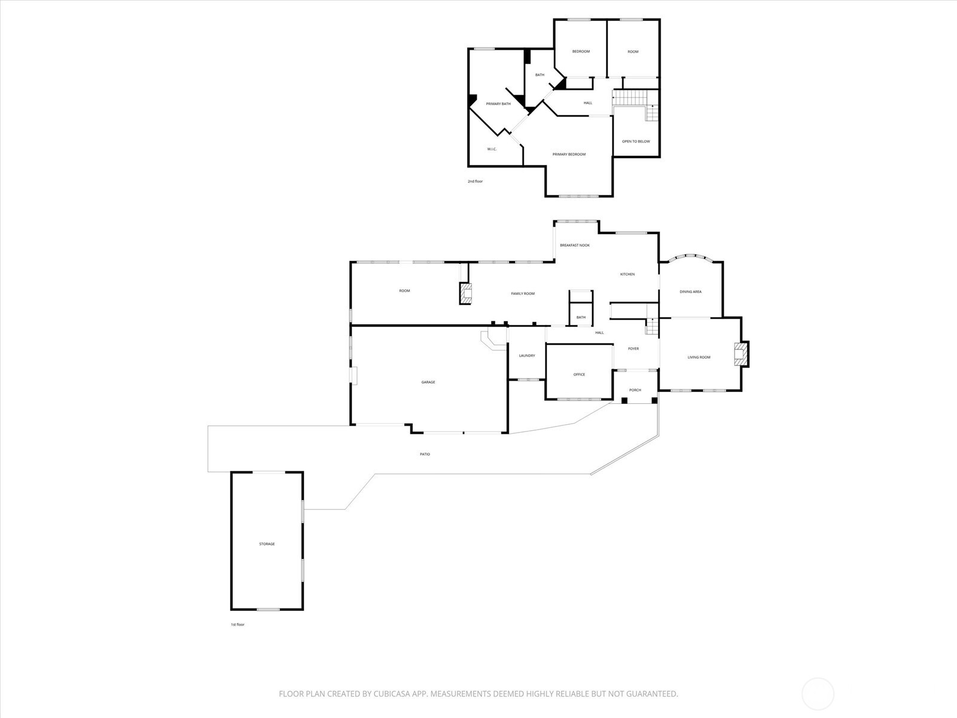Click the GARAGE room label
[428, 382]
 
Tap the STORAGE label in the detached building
[267, 544]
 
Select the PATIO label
[425, 454]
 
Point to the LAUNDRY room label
[527, 355]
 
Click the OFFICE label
[579, 375]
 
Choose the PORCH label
[635, 390]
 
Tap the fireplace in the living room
[741, 354]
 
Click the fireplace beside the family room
[466, 293]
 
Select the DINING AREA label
[690, 292]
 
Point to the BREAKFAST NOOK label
[575, 245]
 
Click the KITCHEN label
[627, 274]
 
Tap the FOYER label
[633, 349]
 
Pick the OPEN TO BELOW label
[636, 142]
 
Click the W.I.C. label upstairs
[492, 149]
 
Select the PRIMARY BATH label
[498, 104]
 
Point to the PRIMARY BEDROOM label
[569, 154]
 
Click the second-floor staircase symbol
[632, 98]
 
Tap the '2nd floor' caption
[475, 181]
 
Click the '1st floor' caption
[237, 625]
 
